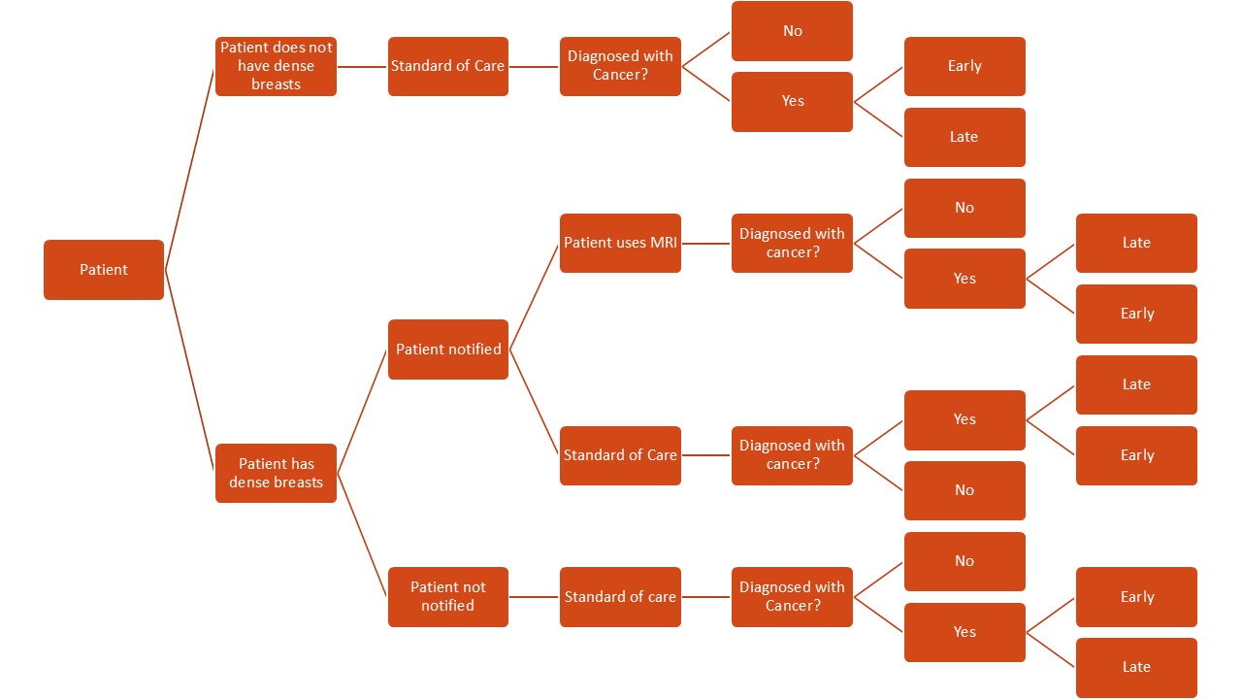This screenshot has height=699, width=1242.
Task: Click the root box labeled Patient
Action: [104, 270]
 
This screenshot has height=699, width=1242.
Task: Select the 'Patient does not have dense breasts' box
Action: [276, 66]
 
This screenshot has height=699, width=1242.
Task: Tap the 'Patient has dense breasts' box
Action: [276, 473]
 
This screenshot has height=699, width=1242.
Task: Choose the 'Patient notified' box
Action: [448, 349]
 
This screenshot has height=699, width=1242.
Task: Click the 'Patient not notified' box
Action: [448, 596]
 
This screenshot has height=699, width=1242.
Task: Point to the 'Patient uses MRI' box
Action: [620, 243]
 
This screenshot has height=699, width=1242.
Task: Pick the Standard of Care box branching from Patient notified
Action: [620, 455]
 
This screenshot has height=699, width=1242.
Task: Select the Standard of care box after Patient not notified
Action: [620, 596]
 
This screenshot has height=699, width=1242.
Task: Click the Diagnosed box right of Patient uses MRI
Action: [792, 243]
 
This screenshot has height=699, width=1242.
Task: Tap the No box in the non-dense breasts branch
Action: [792, 31]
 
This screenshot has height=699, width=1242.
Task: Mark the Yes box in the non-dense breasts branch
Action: [792, 101]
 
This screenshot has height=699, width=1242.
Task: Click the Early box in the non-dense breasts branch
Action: [964, 66]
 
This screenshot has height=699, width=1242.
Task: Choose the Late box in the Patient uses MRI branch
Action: [1136, 243]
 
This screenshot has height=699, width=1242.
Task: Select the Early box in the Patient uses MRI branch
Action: [1136, 314]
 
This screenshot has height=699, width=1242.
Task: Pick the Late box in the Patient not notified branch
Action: [1136, 667]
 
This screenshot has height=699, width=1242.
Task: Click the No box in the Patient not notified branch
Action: [964, 561]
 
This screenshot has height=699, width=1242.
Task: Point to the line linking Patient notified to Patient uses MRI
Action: [534, 296]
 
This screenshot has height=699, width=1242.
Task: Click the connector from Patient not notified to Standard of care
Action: [534, 596]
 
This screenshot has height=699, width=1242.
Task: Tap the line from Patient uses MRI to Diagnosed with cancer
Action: [706, 243]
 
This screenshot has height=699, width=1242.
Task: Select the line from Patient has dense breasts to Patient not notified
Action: [362, 535]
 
